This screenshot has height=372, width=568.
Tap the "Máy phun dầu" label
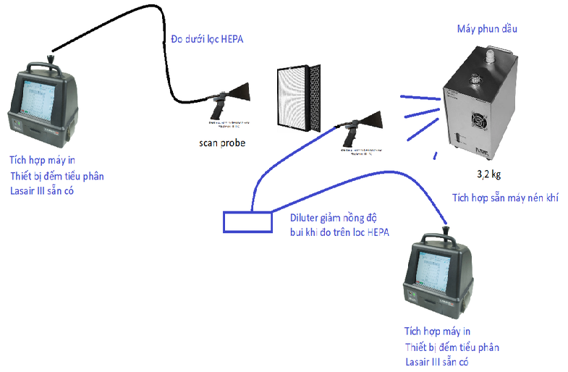[488, 30]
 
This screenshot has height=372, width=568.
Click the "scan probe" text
[222, 143]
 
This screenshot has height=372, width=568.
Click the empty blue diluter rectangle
[244, 221]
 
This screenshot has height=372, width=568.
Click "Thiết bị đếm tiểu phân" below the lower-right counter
[452, 347]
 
